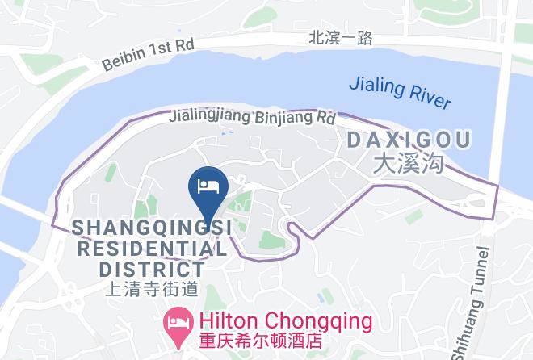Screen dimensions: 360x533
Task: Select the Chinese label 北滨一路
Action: click(341, 37)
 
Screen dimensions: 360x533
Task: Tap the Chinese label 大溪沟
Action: click(409, 165)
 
